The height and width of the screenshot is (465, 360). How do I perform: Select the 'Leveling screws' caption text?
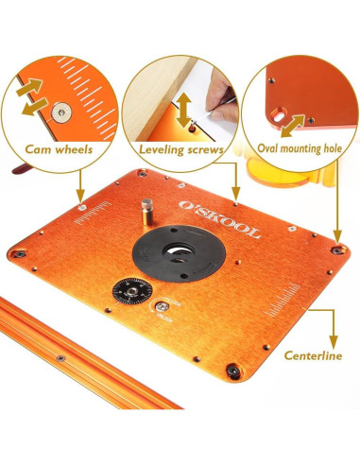180,149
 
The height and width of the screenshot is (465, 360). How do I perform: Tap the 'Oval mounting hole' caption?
301,148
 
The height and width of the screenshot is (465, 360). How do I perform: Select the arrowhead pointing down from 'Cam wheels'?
78,198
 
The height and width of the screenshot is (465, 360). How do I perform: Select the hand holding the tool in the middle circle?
224,101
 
